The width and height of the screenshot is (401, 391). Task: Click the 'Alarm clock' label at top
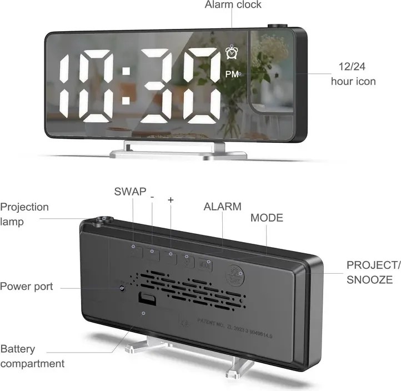tap(233, 5)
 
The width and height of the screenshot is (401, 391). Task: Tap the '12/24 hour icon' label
tap(353, 74)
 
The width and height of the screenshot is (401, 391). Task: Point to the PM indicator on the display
tap(232, 73)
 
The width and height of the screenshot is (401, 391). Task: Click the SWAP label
tap(131, 192)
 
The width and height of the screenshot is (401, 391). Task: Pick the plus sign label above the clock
tap(171, 199)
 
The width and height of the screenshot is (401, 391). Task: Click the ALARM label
tap(223, 207)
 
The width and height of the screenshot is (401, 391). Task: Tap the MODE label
tap(267, 218)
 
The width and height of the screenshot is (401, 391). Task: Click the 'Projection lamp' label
tap(24, 214)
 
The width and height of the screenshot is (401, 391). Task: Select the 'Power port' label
tap(27, 287)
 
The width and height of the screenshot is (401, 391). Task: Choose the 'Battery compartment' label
tap(32, 356)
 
